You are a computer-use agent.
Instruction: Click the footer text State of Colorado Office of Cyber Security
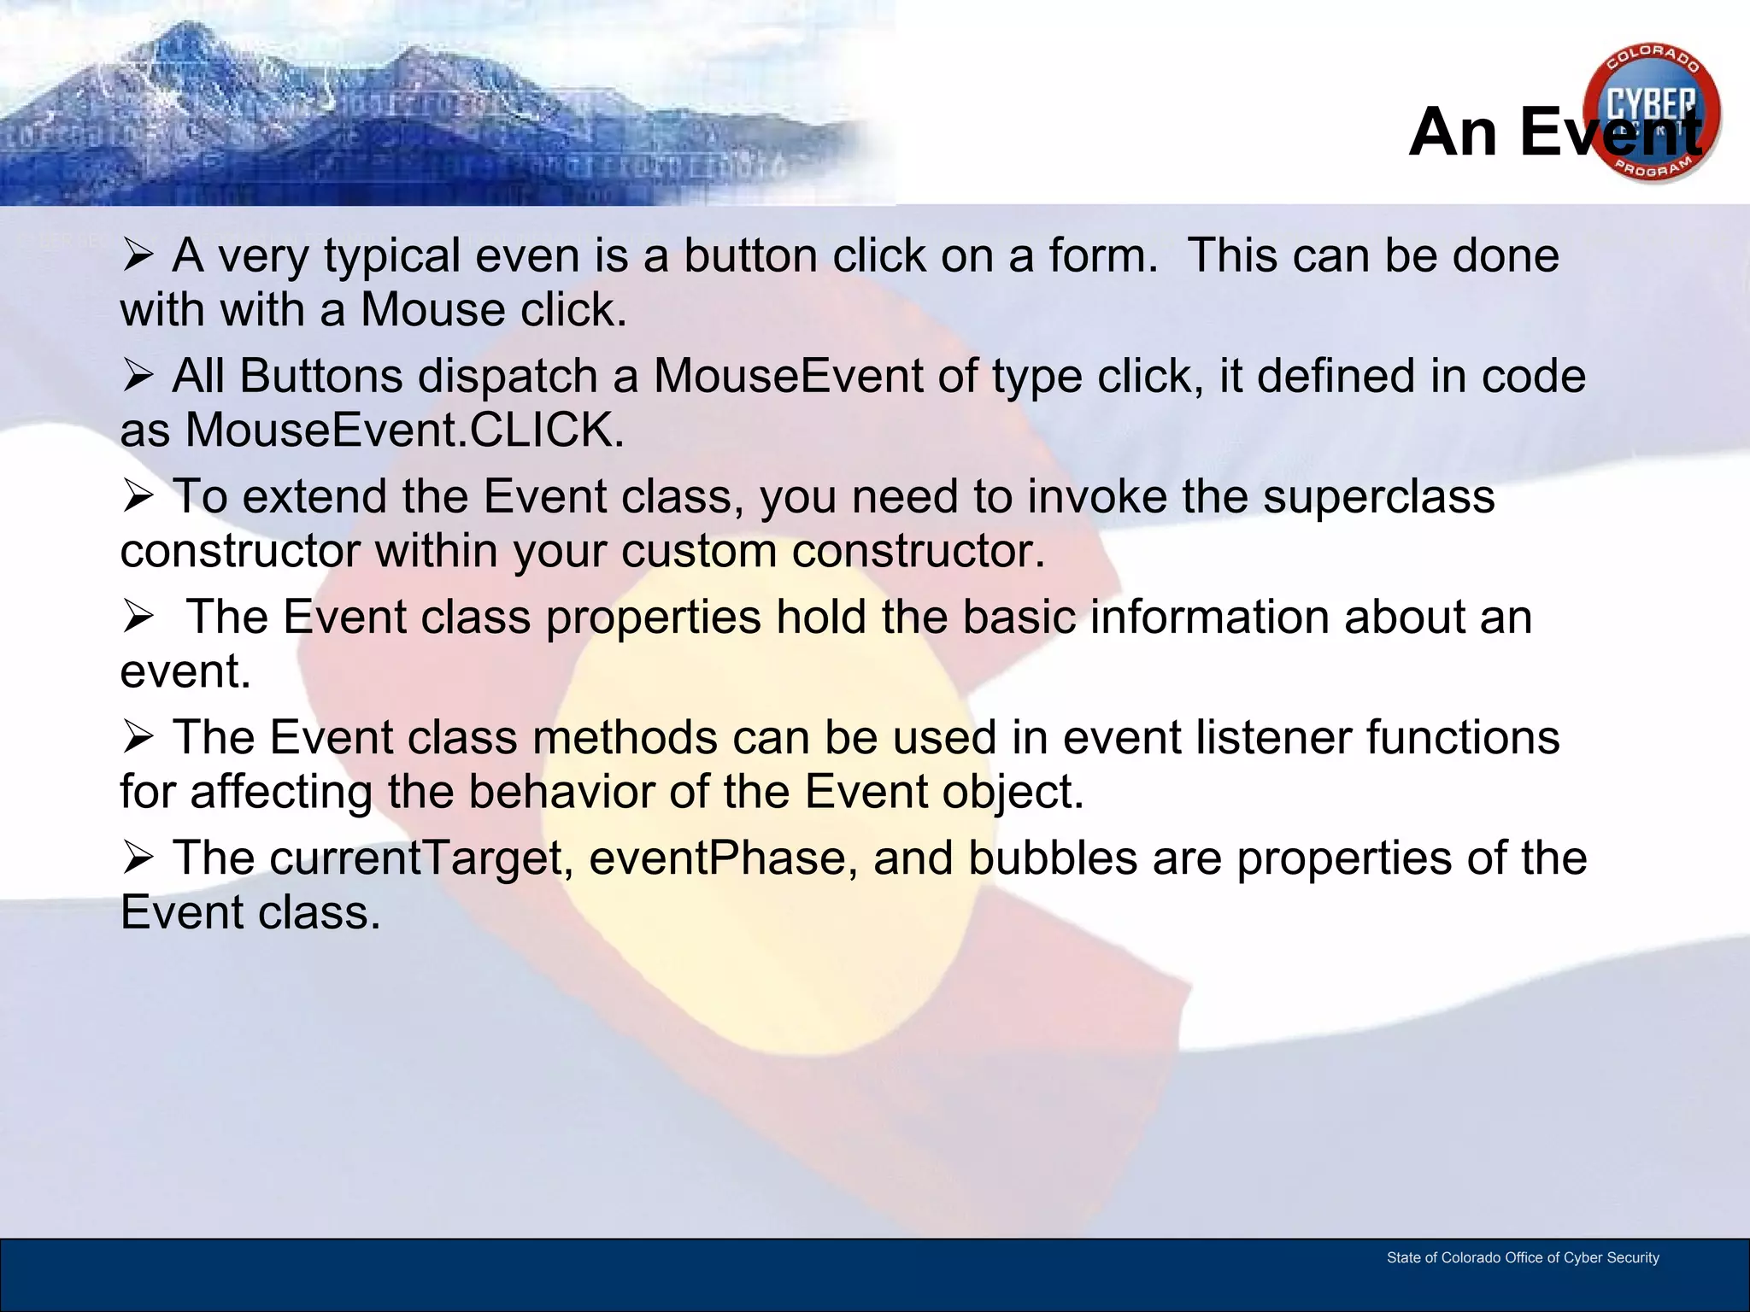[1522, 1257]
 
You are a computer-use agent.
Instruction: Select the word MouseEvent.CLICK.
[404, 430]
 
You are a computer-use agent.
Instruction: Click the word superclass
[1378, 496]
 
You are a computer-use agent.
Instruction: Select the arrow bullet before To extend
[137, 495]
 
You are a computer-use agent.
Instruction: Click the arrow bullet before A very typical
[137, 255]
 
